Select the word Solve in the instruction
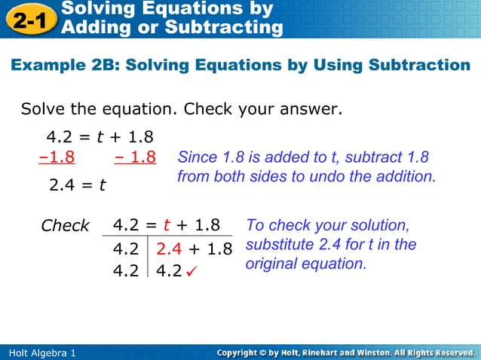click(x=44, y=110)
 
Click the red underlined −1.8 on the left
click(x=57, y=158)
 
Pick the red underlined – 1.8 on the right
click(x=136, y=158)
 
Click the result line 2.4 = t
click(x=77, y=185)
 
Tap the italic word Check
click(x=65, y=226)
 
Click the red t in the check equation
click(x=166, y=225)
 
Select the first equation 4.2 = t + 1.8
click(x=100, y=137)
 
